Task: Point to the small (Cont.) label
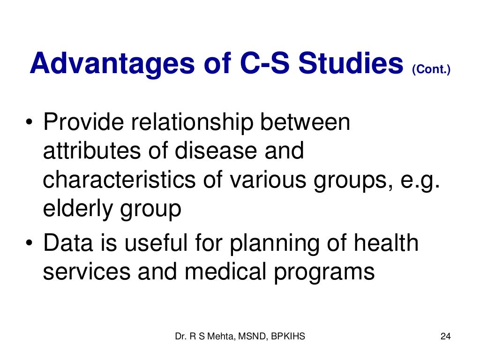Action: (x=431, y=70)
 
